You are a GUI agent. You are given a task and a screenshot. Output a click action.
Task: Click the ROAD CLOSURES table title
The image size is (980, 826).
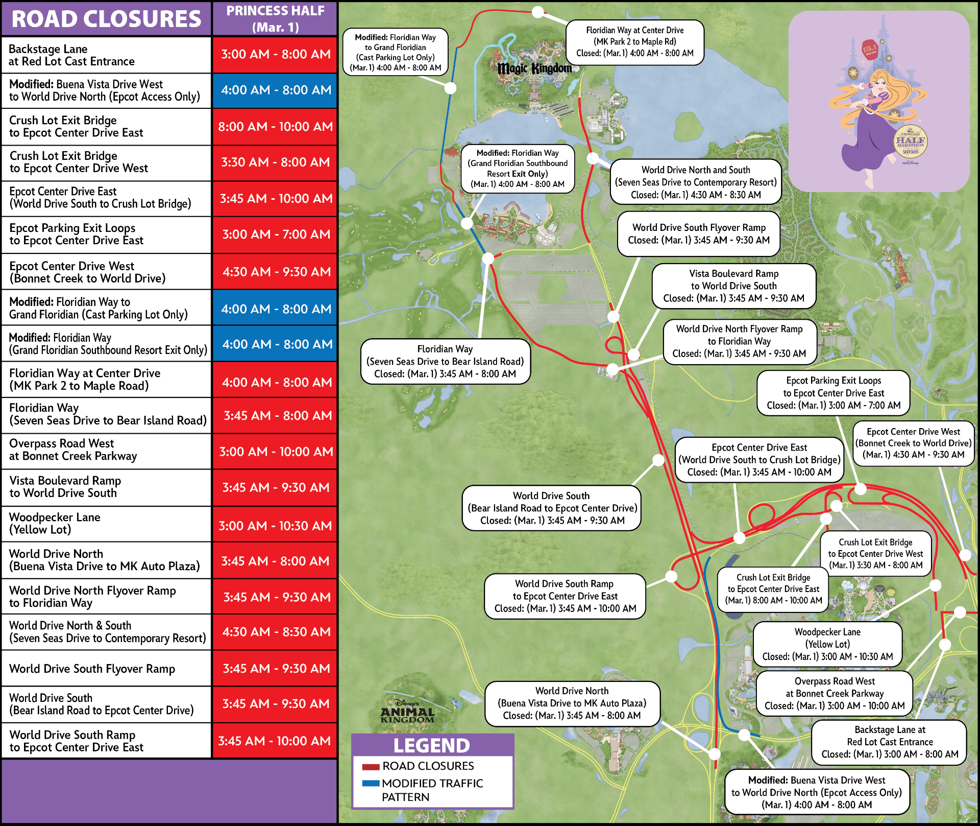click(x=106, y=19)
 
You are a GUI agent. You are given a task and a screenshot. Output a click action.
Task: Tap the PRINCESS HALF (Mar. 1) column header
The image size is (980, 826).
click(x=275, y=19)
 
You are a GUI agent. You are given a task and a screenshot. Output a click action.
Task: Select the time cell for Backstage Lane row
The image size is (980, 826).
click(x=275, y=54)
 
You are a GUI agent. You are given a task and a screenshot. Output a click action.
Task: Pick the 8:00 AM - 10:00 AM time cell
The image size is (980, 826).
click(x=275, y=127)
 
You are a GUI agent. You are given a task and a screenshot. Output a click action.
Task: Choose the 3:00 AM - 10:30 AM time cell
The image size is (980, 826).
click(x=275, y=526)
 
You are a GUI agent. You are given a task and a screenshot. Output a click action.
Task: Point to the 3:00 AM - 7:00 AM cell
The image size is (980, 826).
click(x=275, y=234)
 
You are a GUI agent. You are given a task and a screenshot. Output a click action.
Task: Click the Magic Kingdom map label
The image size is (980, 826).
click(x=534, y=68)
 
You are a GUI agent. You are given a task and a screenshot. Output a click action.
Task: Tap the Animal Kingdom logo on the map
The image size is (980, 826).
click(x=407, y=711)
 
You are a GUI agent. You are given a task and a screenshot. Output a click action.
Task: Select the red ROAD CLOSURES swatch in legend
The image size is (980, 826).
click(x=371, y=767)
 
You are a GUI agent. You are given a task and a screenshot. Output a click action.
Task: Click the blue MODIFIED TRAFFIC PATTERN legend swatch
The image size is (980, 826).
click(x=371, y=783)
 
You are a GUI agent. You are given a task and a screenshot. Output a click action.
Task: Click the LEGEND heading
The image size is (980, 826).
click(x=432, y=746)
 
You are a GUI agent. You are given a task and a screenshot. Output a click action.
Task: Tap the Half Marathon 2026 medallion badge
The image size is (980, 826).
click(x=911, y=141)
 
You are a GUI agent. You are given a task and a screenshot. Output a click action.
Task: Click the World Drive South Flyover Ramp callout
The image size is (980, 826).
click(x=698, y=234)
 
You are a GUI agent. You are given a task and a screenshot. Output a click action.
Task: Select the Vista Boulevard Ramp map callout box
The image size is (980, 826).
click(x=733, y=286)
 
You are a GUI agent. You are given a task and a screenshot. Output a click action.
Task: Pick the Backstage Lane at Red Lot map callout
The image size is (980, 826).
click(x=889, y=742)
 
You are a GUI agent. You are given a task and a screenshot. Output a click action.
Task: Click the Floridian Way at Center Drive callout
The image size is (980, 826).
click(x=634, y=42)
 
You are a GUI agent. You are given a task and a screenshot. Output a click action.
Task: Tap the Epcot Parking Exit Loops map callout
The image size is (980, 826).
click(x=833, y=393)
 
